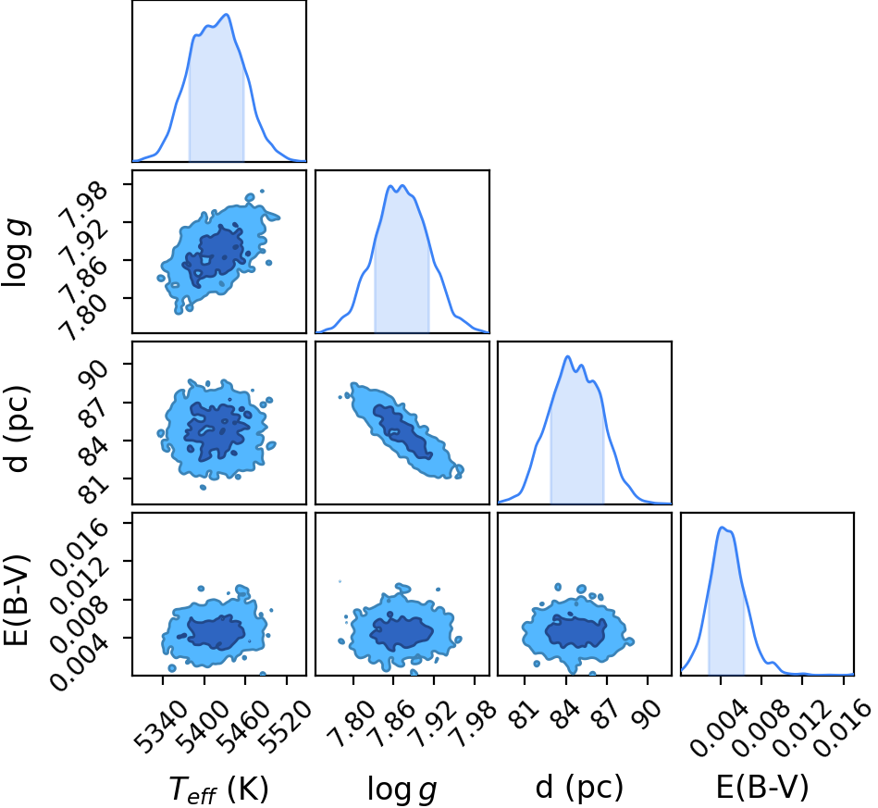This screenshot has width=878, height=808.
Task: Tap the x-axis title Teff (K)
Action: (x=219, y=789)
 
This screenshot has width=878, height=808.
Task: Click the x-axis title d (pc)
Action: (x=579, y=787)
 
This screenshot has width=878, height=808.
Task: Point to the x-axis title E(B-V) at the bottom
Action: (x=762, y=787)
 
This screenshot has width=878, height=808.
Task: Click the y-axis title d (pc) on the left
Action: (x=17, y=429)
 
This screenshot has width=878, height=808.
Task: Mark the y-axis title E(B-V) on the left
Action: (x=16, y=600)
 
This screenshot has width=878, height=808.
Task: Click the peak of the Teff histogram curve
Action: (x=228, y=15)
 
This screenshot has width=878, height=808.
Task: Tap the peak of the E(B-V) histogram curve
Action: (x=722, y=528)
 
